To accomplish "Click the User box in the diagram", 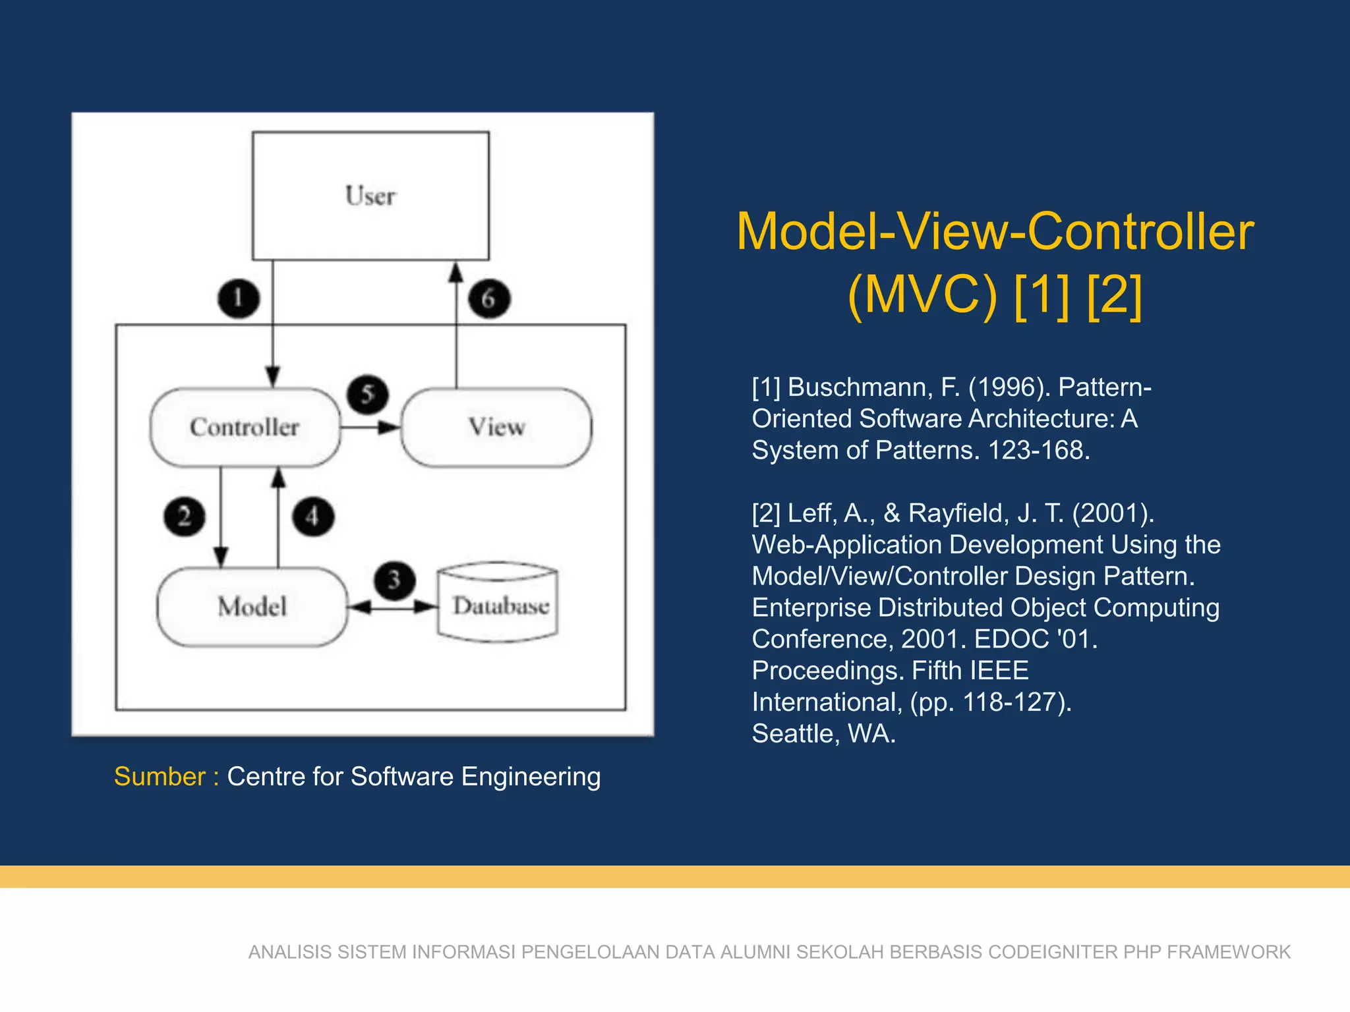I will point(370,196).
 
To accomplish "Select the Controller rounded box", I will point(245,427).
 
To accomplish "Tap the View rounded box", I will point(496,427).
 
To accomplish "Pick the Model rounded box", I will point(252,607).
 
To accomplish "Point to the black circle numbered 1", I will point(238,298).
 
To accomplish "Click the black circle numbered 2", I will point(184,517).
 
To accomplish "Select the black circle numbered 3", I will point(394,580).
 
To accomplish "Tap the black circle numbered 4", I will point(313,517).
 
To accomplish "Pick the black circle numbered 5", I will point(367,395).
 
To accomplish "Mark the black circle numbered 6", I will point(488,298).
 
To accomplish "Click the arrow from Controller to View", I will point(369,428).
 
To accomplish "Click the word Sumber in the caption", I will point(160,777).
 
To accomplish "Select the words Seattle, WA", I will point(823,734).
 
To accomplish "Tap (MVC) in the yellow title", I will point(922,295).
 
